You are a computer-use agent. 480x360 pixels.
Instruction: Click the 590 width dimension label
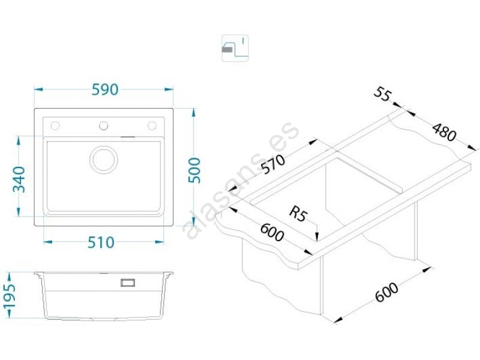[104, 89]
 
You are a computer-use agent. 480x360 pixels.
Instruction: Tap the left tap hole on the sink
[55, 125]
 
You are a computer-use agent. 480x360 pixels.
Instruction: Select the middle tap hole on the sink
[103, 125]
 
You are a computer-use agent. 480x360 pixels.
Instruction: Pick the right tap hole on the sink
[152, 125]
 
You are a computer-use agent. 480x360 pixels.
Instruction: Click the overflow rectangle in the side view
[128, 281]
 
